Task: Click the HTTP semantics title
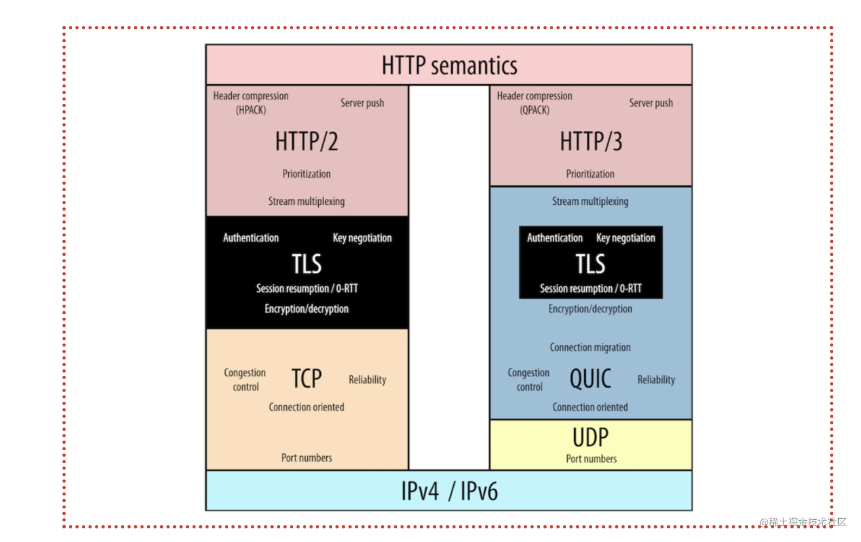[x=450, y=65]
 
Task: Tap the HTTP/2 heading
[x=306, y=141]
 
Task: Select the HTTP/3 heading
[x=591, y=141]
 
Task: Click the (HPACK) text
[x=251, y=110]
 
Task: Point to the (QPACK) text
[x=535, y=110]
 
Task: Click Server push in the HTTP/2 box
[x=362, y=103]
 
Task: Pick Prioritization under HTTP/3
[x=591, y=174]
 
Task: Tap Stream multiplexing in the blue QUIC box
[x=591, y=201]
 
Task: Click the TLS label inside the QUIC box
[x=591, y=264]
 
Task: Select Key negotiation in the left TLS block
[x=362, y=238]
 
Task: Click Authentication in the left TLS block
[x=251, y=238]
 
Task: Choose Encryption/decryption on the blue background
[x=591, y=309]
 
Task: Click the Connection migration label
[x=591, y=348]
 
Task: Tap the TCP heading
[x=306, y=378]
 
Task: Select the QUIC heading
[x=591, y=379]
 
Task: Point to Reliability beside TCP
[x=368, y=380]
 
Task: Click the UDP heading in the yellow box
[x=591, y=437]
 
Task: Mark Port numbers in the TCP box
[x=307, y=458]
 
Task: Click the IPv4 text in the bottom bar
[x=420, y=491]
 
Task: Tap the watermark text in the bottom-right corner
[x=803, y=522]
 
